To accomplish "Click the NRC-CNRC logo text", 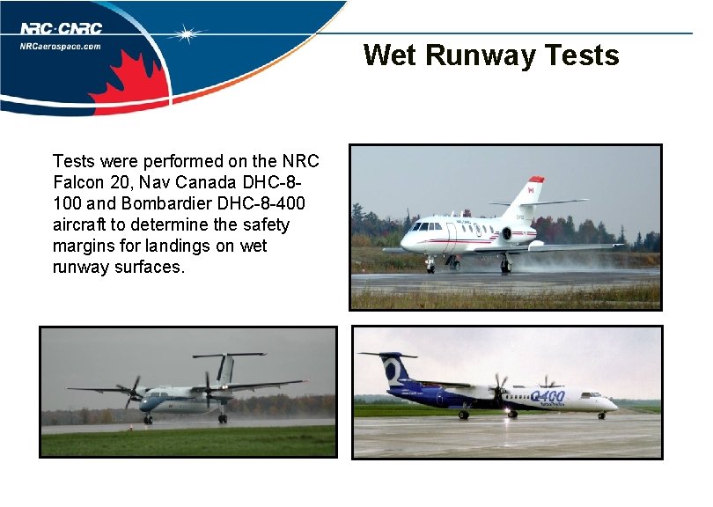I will point(61,29).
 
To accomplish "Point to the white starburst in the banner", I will point(187,34).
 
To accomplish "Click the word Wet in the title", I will point(390,55).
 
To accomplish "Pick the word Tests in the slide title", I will point(582,55).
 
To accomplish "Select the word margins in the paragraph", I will point(84,246).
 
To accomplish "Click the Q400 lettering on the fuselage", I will point(548,397).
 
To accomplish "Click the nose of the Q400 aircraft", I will point(614,405).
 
